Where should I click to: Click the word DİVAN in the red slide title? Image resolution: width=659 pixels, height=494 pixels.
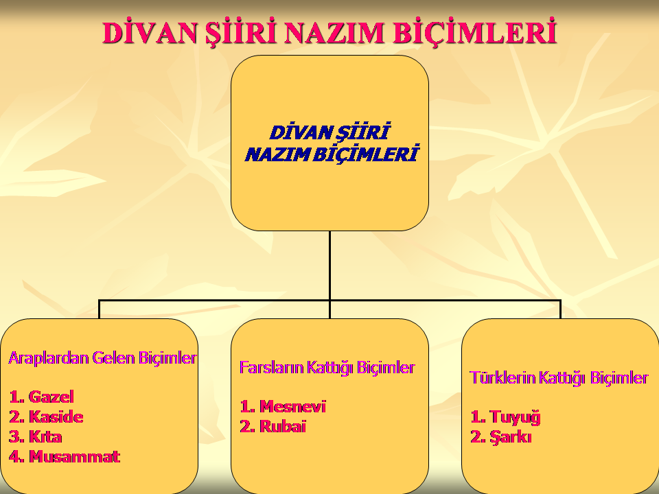(x=149, y=32)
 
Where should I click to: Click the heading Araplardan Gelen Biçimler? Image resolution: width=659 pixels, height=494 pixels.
(x=102, y=358)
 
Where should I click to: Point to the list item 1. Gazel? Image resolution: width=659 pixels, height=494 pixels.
(x=41, y=397)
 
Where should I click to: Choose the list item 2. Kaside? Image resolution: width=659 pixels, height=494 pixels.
(x=46, y=416)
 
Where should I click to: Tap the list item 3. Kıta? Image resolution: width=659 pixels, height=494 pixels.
(x=35, y=437)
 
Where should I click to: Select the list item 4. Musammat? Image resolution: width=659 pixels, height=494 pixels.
(x=65, y=457)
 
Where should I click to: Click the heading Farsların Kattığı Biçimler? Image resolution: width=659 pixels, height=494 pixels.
(x=327, y=368)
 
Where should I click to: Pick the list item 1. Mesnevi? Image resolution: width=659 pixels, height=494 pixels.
(x=283, y=407)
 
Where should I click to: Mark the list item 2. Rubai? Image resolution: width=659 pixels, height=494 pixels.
(x=273, y=427)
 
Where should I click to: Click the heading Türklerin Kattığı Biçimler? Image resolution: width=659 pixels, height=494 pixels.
(x=559, y=378)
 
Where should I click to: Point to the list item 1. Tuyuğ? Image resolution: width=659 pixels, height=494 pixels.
(x=505, y=417)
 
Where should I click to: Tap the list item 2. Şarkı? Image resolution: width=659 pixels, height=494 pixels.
(x=501, y=437)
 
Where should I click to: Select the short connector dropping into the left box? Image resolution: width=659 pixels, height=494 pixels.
(x=99, y=309)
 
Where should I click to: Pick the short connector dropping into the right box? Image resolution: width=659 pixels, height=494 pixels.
(x=561, y=309)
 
